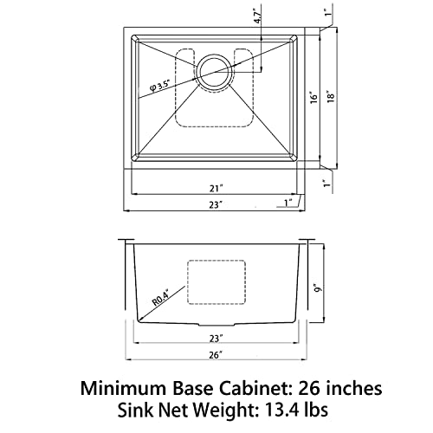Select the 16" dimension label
coord(313,98)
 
